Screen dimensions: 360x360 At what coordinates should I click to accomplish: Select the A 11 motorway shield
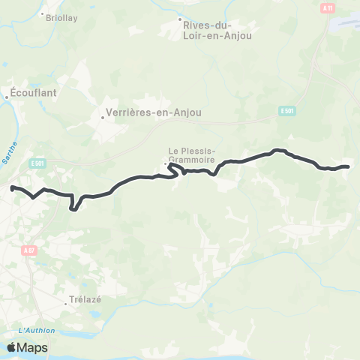327,7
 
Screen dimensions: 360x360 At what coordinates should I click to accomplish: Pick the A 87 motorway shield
28,250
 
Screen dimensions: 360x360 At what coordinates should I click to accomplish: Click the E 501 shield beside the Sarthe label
38,162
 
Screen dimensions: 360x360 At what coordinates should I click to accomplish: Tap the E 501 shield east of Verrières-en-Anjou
286,111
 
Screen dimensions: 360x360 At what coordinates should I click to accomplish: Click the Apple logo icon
12,347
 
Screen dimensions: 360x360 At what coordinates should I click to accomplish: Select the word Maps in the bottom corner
33,347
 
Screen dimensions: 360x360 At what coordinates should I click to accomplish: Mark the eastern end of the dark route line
349,166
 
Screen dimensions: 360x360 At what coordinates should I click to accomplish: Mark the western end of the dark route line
12,187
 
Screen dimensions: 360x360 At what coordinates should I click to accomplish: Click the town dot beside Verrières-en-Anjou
103,116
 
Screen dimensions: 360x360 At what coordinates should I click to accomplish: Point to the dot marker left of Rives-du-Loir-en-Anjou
181,19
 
